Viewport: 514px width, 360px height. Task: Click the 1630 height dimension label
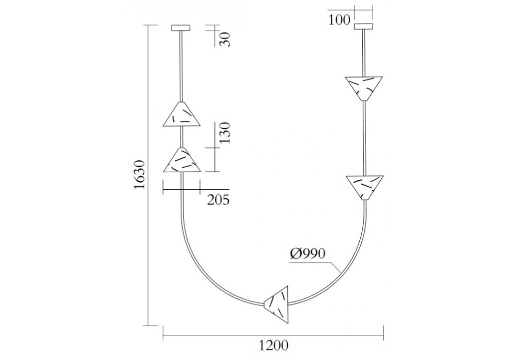pyautogui.click(x=139, y=174)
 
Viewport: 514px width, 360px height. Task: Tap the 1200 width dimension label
pyautogui.click(x=274, y=345)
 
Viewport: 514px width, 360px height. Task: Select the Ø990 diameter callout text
pyautogui.click(x=308, y=254)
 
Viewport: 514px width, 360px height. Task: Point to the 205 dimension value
pyautogui.click(x=218, y=200)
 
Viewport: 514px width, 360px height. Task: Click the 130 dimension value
pyautogui.click(x=225, y=133)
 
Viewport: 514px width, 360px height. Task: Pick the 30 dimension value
pyautogui.click(x=225, y=40)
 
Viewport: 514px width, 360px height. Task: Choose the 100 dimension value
pyautogui.click(x=339, y=20)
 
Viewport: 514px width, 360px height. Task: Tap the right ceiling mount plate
pyautogui.click(x=364, y=26)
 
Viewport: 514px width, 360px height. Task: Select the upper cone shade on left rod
pyautogui.click(x=181, y=114)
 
